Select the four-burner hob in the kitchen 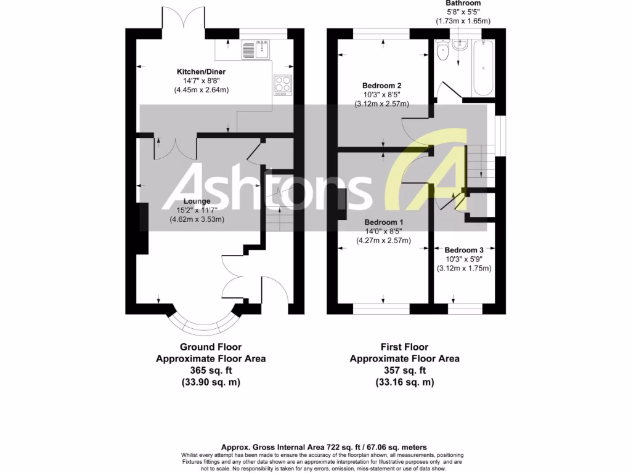click(283, 84)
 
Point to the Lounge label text click(197, 201)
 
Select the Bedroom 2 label click(382, 86)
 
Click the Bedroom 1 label click(384, 222)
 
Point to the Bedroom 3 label click(464, 250)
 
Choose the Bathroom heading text click(463, 4)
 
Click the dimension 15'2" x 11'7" click(197, 210)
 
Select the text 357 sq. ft click(404, 370)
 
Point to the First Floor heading click(404, 347)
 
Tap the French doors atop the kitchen click(183, 18)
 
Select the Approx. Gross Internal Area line click(324, 447)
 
